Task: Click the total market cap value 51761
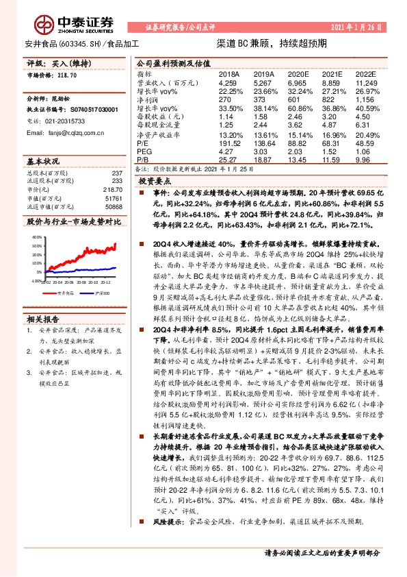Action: click(114, 197)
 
